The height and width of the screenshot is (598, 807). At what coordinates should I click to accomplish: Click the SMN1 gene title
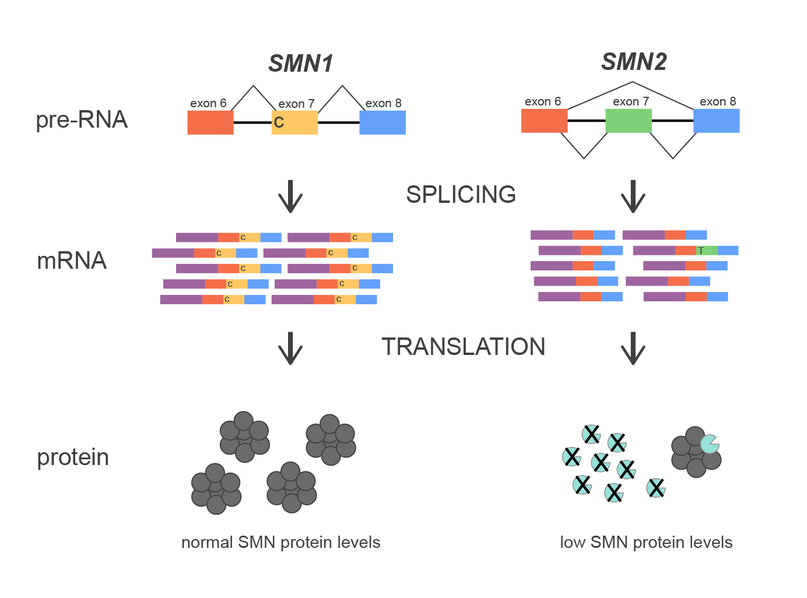coord(300,64)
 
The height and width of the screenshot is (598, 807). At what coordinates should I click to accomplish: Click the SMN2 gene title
coord(634,62)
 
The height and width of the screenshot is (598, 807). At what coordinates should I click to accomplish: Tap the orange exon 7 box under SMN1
coord(297,122)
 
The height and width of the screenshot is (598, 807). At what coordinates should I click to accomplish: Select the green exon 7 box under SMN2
coord(628,121)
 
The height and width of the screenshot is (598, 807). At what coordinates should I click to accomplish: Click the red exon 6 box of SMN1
coord(210,122)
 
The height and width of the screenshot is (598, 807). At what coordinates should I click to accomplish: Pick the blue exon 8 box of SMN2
coord(716,121)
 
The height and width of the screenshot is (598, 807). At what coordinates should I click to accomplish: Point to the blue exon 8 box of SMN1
coord(382,122)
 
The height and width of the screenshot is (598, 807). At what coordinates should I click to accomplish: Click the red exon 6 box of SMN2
coord(544,121)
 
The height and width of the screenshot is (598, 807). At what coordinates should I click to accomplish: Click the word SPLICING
coord(461,195)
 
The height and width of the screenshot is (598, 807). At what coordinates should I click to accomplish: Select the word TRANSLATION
coord(464,347)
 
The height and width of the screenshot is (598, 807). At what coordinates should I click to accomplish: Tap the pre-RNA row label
coord(82,120)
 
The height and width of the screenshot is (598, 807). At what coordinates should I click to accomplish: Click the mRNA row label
coord(72,261)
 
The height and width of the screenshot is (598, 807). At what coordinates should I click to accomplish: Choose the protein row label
coord(73,458)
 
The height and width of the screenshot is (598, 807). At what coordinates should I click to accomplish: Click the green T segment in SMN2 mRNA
coord(706,251)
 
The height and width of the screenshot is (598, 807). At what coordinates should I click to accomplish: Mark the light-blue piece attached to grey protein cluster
coord(709,444)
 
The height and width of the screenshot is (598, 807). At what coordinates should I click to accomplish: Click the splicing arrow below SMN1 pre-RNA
coord(290,197)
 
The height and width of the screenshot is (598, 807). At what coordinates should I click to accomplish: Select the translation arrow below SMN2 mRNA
coord(633,349)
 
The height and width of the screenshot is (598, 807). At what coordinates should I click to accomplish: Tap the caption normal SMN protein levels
coord(280,543)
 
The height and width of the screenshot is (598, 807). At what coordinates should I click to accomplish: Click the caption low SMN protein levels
coord(645,543)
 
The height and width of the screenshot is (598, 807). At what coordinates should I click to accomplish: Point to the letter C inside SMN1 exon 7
coord(279,122)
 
